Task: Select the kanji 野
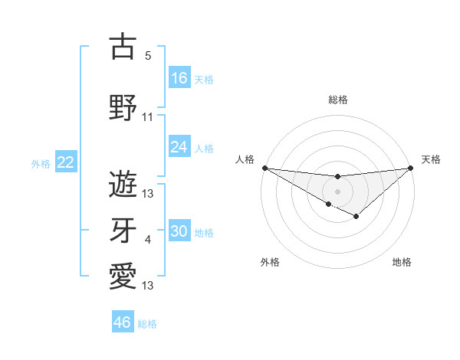[x=123, y=108]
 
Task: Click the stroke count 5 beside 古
[x=148, y=56]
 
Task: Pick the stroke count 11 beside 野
[x=148, y=117]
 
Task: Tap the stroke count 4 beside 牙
[x=148, y=241]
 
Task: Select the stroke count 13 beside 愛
[x=148, y=286]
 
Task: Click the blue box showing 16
[x=179, y=78]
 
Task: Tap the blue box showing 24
[x=179, y=147]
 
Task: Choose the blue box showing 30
[x=179, y=231]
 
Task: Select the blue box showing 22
[x=65, y=162]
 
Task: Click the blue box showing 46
[x=123, y=322]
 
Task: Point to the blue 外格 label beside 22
[x=41, y=163]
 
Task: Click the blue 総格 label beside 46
[x=147, y=324]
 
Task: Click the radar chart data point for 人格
[x=264, y=167]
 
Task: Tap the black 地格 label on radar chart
[x=402, y=262]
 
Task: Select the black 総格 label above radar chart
[x=337, y=100]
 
